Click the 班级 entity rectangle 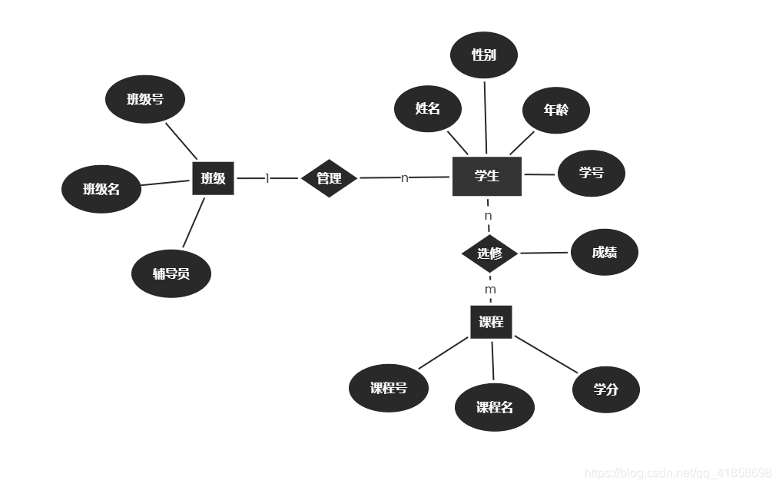point(213,178)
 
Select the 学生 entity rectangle point(486,176)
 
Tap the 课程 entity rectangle point(491,322)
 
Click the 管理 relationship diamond point(329,178)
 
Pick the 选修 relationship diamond point(489,253)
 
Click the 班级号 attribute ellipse point(144,98)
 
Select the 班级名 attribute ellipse point(101,188)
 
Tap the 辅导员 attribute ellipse point(171,273)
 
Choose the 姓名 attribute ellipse point(427,108)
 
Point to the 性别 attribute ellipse point(483,55)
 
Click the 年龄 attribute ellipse point(555,110)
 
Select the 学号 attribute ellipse point(591,173)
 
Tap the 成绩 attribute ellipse point(604,252)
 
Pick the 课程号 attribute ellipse point(388,388)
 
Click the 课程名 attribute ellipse point(494,407)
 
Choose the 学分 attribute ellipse point(605,389)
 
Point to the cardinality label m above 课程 point(490,290)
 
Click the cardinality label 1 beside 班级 point(267,178)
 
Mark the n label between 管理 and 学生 point(404,178)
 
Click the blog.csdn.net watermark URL point(678,472)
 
